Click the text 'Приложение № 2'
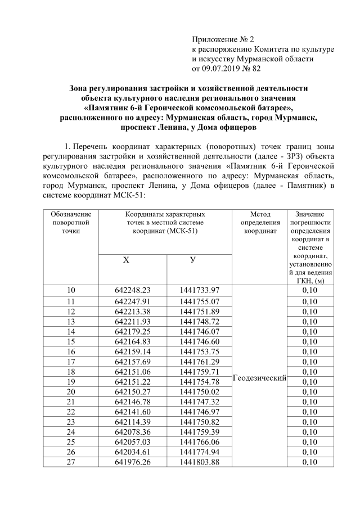[223, 39]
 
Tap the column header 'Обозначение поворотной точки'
[71, 222]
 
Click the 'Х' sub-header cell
[133, 260]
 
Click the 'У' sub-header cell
[199, 260]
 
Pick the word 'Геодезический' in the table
[259, 380]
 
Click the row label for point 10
[71, 290]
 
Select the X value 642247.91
[133, 301]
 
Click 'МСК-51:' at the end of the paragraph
[127, 195]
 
